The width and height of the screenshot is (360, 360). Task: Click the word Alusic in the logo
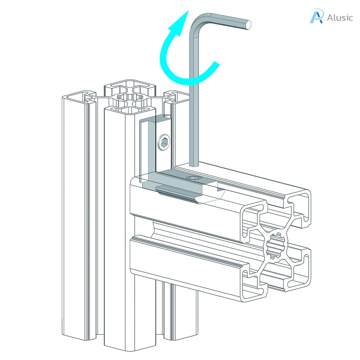[x=339, y=17]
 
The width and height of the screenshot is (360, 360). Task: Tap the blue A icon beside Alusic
[x=316, y=17]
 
